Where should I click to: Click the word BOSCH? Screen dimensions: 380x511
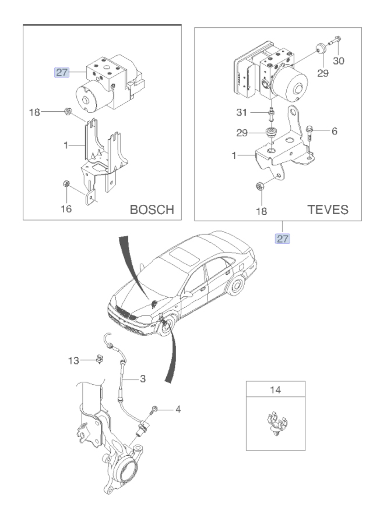(x=152, y=210)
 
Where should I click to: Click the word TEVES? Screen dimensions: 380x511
(x=328, y=210)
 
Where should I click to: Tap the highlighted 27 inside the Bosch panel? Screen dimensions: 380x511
(x=62, y=72)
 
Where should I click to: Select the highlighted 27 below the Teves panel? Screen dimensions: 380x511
(x=283, y=239)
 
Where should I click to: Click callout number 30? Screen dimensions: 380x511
(x=339, y=61)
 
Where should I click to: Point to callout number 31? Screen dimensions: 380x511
(x=242, y=112)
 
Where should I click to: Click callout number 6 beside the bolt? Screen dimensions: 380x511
(x=335, y=131)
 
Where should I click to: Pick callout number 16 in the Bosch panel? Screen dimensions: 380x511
(x=66, y=208)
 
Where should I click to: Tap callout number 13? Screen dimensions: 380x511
(x=73, y=361)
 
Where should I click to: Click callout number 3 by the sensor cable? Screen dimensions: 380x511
(x=143, y=379)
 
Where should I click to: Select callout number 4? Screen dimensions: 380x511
(x=178, y=409)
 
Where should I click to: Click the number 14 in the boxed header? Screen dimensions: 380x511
(x=275, y=390)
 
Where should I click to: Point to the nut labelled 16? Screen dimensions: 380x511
(x=66, y=183)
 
